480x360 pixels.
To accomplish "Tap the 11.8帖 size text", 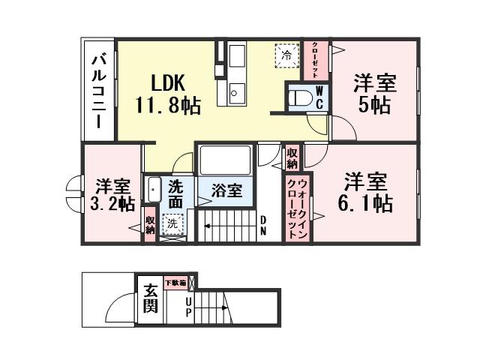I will [167, 105].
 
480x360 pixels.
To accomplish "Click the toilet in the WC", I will [300, 97].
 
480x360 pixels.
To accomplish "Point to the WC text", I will [319, 97].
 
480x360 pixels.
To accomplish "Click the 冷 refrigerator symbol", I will [286, 55].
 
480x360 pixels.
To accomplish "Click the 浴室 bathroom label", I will [226, 190].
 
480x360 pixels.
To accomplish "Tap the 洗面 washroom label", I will [175, 193].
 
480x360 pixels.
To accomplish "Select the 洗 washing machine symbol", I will [172, 223].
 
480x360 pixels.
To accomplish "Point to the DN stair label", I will [263, 226].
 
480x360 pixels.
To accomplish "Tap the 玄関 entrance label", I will [150, 298].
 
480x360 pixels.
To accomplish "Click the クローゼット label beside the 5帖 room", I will [315, 59].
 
